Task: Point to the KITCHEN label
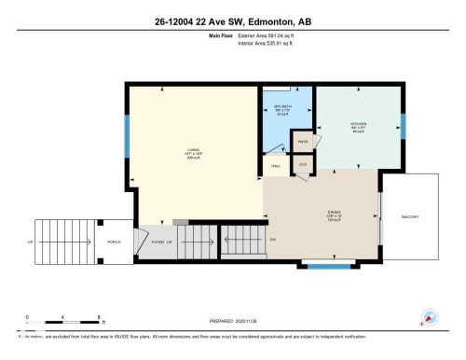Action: [358, 125]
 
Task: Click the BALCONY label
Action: [409, 216]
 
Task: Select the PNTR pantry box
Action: [302, 142]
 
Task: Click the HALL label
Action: [276, 166]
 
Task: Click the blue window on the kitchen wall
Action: [404, 125]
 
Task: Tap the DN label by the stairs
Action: [273, 240]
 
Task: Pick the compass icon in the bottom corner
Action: [430, 317]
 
